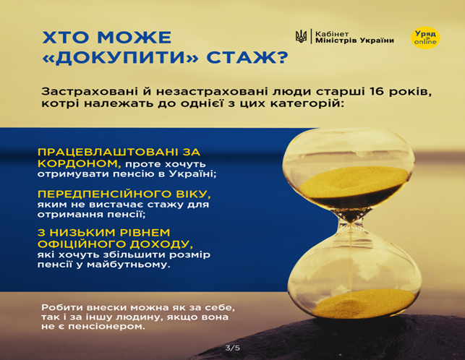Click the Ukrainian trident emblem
coord(302,37)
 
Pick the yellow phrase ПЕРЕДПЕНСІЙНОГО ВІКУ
coord(124,194)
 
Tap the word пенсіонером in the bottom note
coord(110,327)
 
